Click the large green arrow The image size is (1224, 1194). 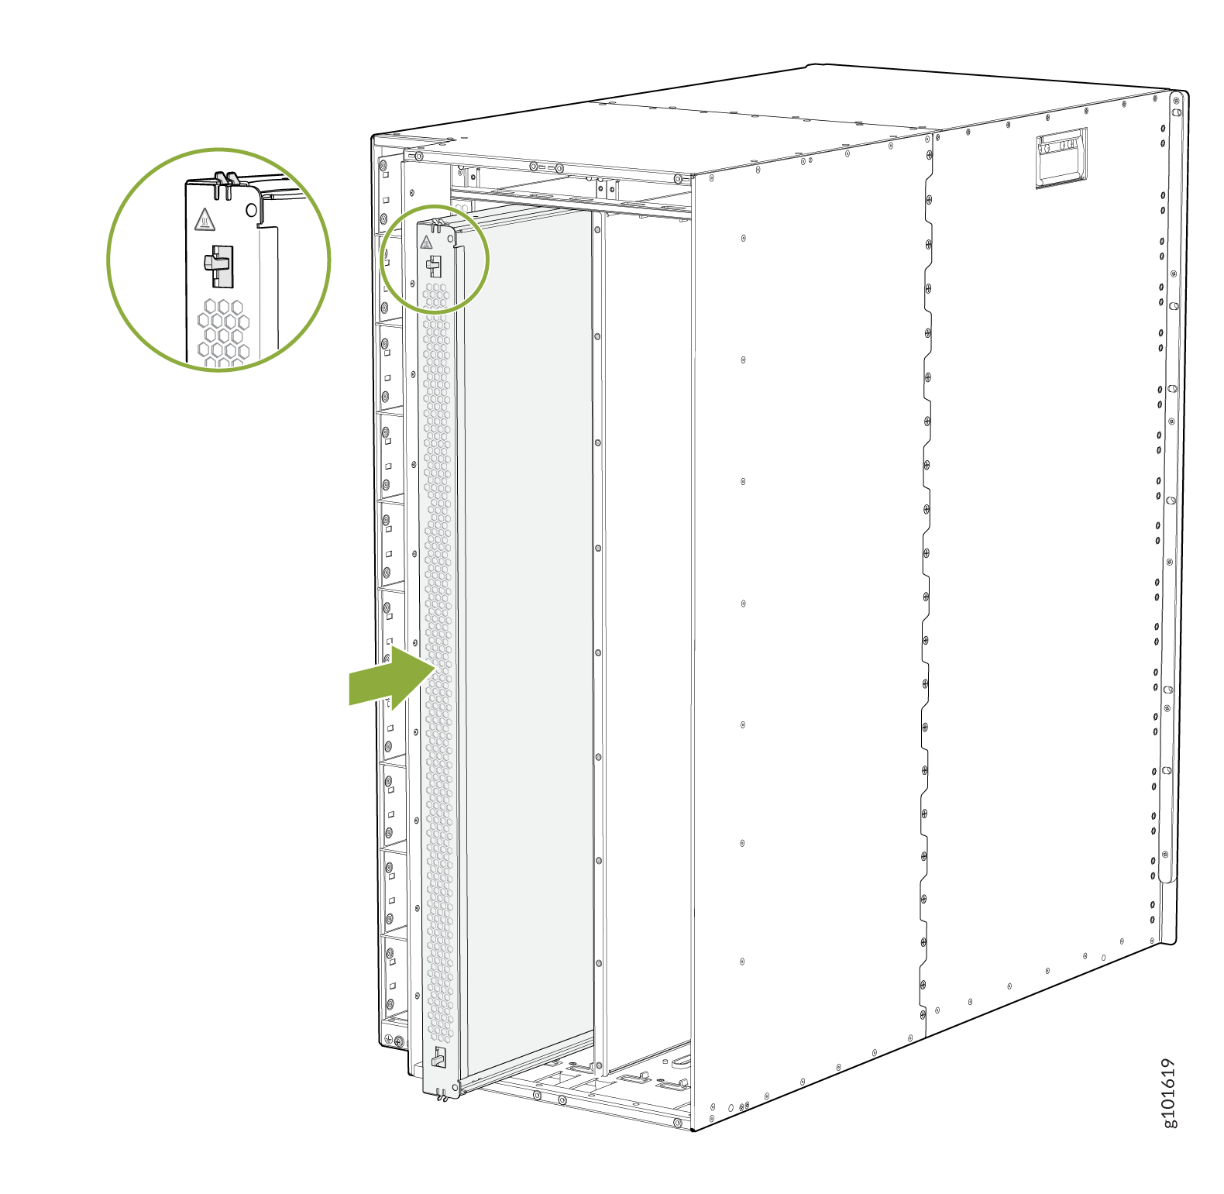pyautogui.click(x=392, y=678)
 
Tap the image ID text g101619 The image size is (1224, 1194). pyautogui.click(x=1169, y=1092)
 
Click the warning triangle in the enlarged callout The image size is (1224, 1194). pyautogui.click(x=204, y=219)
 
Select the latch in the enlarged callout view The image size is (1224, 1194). pyautogui.click(x=218, y=266)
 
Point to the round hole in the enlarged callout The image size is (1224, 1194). pyautogui.click(x=251, y=210)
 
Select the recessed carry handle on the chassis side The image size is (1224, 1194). pyautogui.click(x=1061, y=157)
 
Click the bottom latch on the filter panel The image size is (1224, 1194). pyautogui.click(x=438, y=1057)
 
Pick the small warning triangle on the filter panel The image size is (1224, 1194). pyautogui.click(x=426, y=243)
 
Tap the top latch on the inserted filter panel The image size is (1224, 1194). pyautogui.click(x=433, y=266)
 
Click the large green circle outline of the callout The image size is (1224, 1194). pyautogui.click(x=219, y=148)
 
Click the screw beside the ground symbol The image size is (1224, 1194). pyautogui.click(x=399, y=1041)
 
